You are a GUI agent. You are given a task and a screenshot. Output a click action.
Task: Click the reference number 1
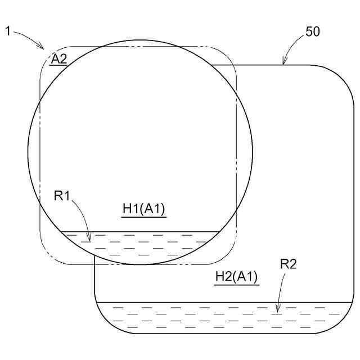8,31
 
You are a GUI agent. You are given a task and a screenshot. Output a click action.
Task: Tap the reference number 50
313,31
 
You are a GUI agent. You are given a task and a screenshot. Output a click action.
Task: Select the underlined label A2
58,59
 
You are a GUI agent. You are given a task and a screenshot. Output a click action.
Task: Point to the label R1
61,196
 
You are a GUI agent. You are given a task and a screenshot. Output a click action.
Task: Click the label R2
288,264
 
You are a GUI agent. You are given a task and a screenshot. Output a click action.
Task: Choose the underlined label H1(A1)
144,209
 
